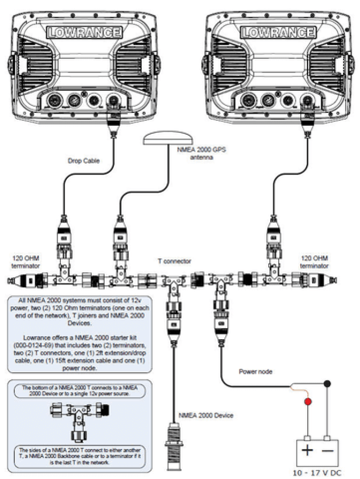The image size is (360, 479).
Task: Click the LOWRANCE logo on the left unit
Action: pos(85,32)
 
